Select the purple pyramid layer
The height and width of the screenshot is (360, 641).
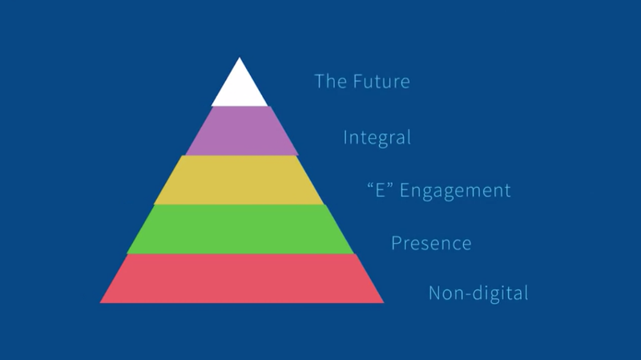pyautogui.click(x=241, y=131)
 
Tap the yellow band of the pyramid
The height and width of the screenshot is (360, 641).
pyautogui.click(x=240, y=180)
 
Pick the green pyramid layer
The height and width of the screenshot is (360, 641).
pyautogui.click(x=240, y=229)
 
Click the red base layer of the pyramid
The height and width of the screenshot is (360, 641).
pyautogui.click(x=241, y=278)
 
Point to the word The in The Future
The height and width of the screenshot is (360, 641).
pyautogui.click(x=331, y=81)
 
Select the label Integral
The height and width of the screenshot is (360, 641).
pyautogui.click(x=377, y=137)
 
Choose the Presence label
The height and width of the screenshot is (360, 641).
pyautogui.click(x=431, y=242)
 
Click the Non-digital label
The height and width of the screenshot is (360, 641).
pyautogui.click(x=478, y=293)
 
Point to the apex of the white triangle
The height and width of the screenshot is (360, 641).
pyautogui.click(x=240, y=58)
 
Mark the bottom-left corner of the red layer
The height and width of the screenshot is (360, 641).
pyautogui.click(x=101, y=302)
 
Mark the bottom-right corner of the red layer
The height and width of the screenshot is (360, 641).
pyautogui.click(x=383, y=302)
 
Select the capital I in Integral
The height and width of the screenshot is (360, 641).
pyautogui.click(x=345, y=137)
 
